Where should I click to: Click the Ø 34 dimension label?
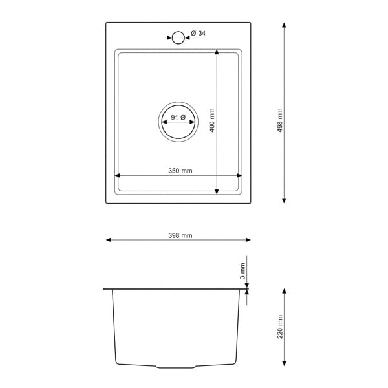pyautogui.click(x=198, y=33)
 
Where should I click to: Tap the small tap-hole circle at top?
pyautogui.click(x=178, y=32)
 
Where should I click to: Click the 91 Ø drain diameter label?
pyautogui.click(x=178, y=117)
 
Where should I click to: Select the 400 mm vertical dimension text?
pyautogui.click(x=212, y=120)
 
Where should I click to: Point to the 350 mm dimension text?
pyautogui.click(x=180, y=171)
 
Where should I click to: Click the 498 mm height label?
pyautogui.click(x=280, y=120)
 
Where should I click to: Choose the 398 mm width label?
pyautogui.click(x=180, y=235)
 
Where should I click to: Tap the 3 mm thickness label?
pyautogui.click(x=242, y=271)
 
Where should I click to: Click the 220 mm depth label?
pyautogui.click(x=280, y=327)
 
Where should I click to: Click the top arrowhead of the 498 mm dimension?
pyautogui.click(x=284, y=25)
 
